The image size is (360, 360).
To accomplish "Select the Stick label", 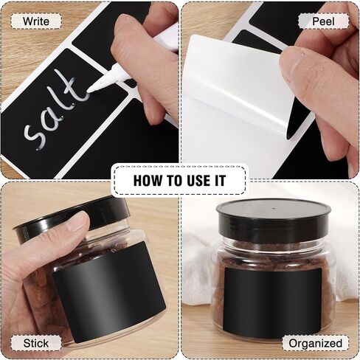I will pos(36,343).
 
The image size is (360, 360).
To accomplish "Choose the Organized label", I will pos(315,343).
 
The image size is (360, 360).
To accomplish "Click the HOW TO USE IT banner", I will pos(179,180).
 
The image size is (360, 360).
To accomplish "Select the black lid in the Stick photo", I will pos(74,218).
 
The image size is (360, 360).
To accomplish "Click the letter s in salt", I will pos(31,133).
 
